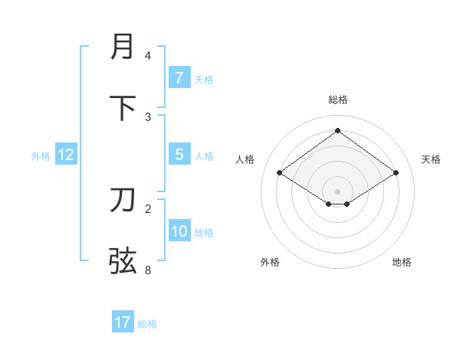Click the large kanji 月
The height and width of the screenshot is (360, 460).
[x=123, y=47]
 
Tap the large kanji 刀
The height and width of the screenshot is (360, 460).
[x=123, y=200]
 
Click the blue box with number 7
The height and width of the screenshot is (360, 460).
[x=179, y=77]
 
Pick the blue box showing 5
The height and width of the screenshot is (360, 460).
[x=179, y=155]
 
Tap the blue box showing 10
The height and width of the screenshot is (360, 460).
[x=179, y=231]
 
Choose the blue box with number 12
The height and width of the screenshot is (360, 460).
[x=66, y=155]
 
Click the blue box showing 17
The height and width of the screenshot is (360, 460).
[x=123, y=322]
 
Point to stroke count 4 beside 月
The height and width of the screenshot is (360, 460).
[x=148, y=56]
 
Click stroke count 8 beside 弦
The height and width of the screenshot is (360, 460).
[x=148, y=270]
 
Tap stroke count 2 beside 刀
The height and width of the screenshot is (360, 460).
[x=148, y=208]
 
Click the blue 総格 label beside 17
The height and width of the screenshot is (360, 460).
[x=147, y=324]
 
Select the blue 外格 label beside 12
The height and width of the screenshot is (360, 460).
[x=41, y=156]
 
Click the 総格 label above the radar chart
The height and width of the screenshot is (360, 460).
[x=337, y=100]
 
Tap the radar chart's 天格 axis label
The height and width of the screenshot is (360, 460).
[x=431, y=159]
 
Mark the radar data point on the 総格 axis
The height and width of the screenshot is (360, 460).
[x=337, y=130]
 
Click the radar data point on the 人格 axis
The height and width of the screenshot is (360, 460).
[x=279, y=173]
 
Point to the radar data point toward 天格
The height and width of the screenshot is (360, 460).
[x=396, y=173]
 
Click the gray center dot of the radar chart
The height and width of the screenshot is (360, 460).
[x=337, y=191]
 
